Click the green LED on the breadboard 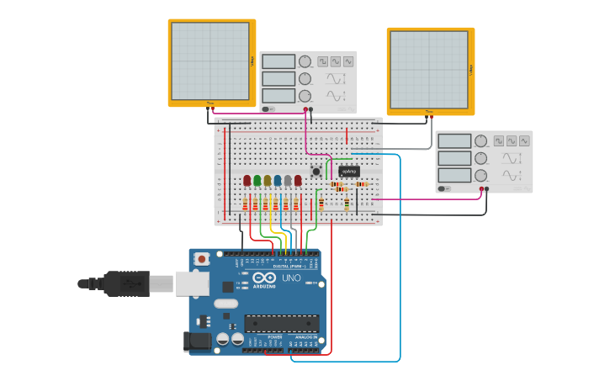[x=257, y=180]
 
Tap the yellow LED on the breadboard [x=268, y=180]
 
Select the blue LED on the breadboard [x=278, y=180]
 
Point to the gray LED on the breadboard [x=288, y=180]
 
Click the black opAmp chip [x=349, y=172]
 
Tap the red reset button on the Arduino [x=201, y=259]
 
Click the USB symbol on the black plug [x=126, y=284]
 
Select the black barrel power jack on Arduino [x=196, y=341]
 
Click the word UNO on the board [x=291, y=278]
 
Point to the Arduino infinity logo [x=264, y=278]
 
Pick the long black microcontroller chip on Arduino [x=281, y=323]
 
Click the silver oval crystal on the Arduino [x=225, y=303]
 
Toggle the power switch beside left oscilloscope [x=268, y=108]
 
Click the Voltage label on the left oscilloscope [x=252, y=61]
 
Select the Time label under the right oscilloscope [x=428, y=112]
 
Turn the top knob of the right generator [x=480, y=140]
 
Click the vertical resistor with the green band [x=346, y=203]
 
